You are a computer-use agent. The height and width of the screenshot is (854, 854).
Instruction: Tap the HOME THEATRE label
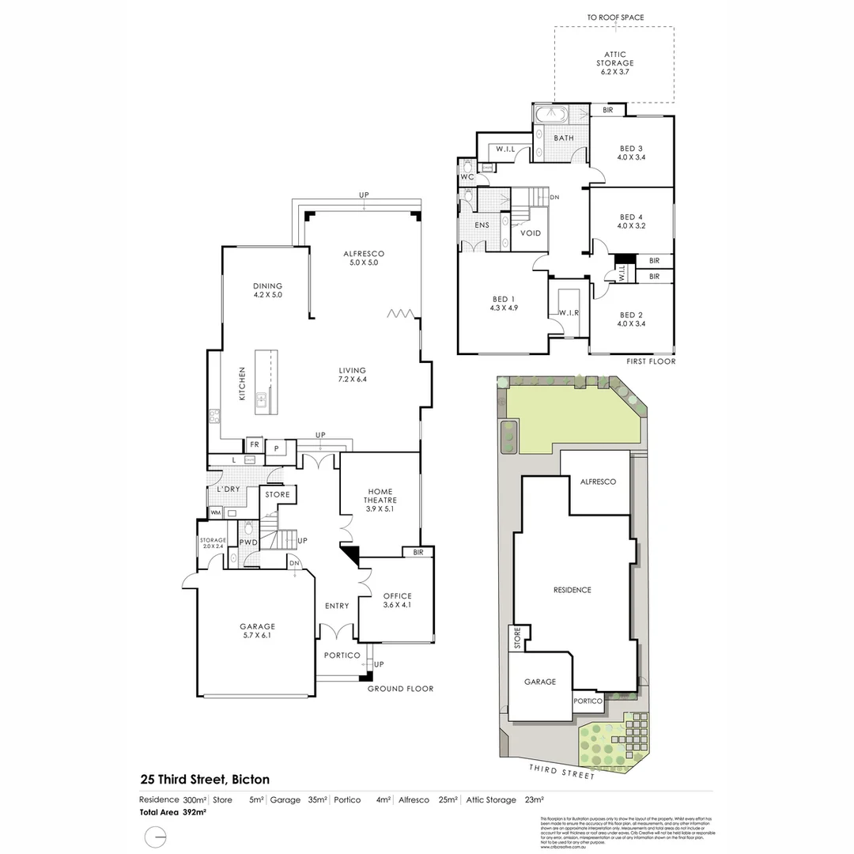pos(380,500)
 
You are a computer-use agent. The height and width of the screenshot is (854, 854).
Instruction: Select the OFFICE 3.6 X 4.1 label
pos(397,600)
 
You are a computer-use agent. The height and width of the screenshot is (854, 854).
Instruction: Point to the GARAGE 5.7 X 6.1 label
pos(257,631)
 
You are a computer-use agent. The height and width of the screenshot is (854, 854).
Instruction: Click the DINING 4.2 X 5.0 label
pos(267,290)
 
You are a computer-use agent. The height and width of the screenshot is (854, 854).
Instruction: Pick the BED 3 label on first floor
pos(631,153)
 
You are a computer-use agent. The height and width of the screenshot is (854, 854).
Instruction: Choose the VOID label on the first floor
pos(531,233)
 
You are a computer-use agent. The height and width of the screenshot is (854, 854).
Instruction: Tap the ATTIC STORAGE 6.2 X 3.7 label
pos(614,63)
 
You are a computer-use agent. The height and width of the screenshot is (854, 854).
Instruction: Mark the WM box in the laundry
pos(215,512)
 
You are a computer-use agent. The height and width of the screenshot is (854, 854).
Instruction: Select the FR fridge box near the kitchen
pos(254,444)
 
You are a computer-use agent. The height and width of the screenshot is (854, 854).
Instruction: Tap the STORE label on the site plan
pos(518,638)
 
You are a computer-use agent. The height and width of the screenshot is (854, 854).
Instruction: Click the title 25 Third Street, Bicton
pos(205,780)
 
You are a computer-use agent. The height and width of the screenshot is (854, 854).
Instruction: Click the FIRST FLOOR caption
pos(650,361)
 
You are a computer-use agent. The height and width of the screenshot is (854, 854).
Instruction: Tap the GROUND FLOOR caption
pos(400,689)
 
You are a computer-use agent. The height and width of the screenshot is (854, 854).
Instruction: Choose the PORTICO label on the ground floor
pos(342,656)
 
